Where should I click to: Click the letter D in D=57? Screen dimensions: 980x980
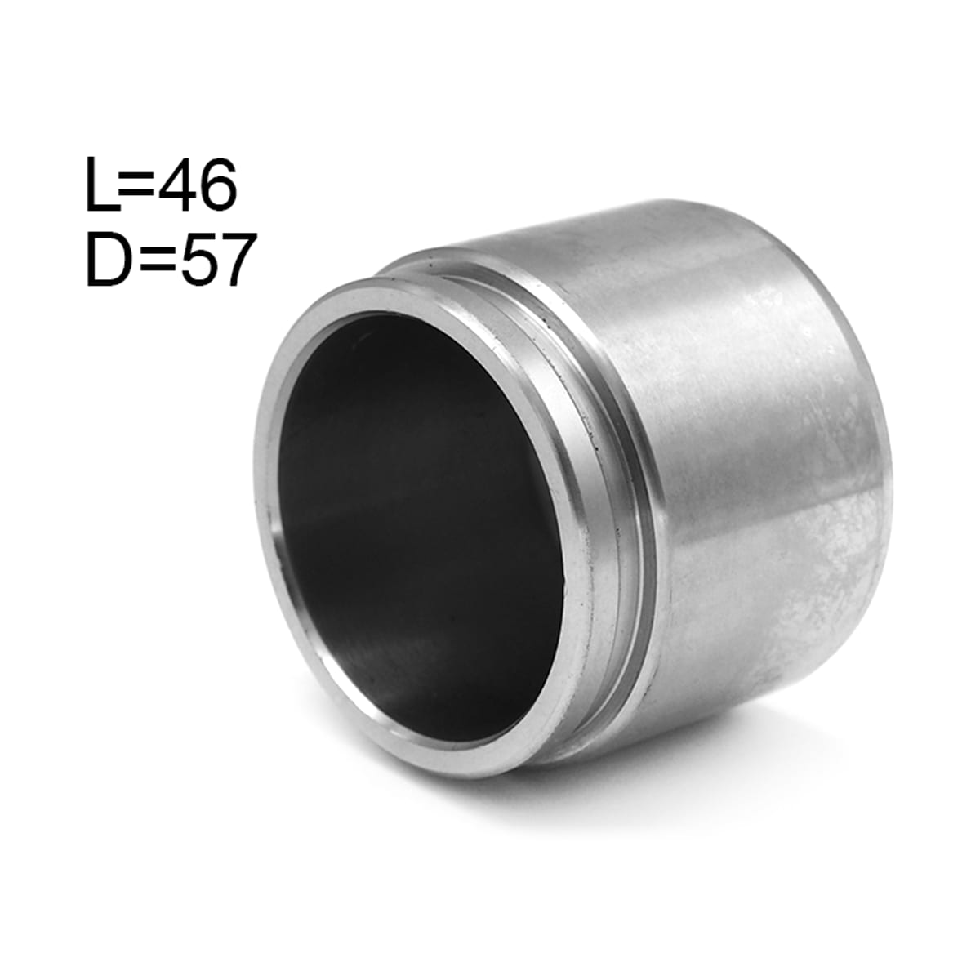(108, 259)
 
